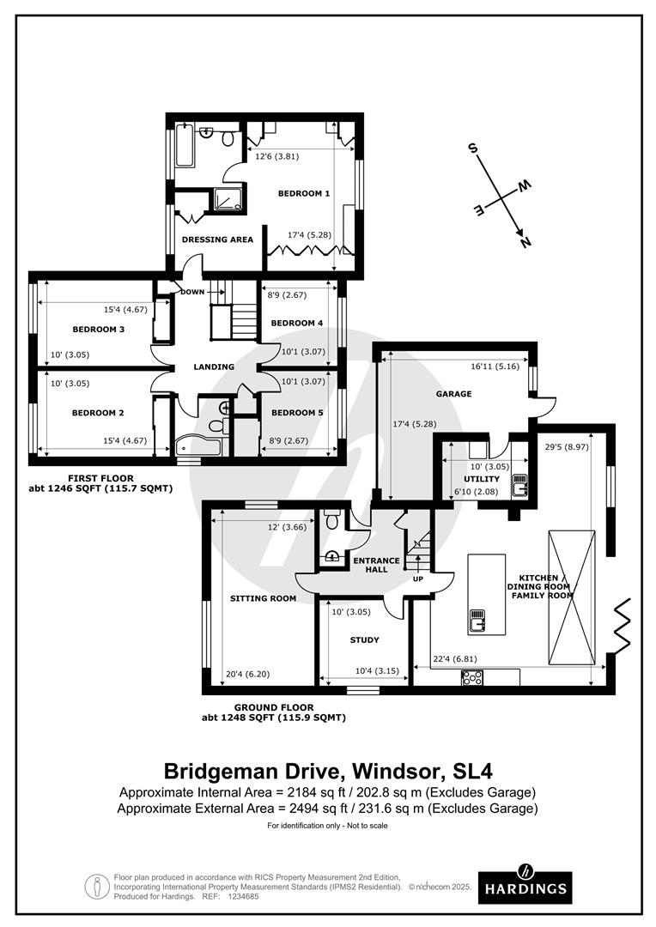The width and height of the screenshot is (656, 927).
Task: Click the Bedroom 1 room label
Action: [x=303, y=193]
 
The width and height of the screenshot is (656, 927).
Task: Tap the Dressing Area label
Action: [x=217, y=239]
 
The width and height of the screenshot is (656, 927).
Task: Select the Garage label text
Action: [x=453, y=394]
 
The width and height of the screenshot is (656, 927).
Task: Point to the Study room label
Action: [x=364, y=639]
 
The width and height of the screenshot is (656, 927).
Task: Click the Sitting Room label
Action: [x=264, y=598]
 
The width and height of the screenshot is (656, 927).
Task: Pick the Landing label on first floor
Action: [x=214, y=367]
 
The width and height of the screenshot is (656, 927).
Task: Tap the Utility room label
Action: [x=482, y=479]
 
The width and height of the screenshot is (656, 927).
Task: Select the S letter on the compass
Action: [x=472, y=148]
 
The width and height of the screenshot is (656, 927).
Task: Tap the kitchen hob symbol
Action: [x=472, y=677]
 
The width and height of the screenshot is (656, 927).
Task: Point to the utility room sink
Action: [x=519, y=485]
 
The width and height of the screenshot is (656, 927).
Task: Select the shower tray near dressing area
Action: [x=228, y=199]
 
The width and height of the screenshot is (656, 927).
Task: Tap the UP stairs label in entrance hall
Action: [x=418, y=579]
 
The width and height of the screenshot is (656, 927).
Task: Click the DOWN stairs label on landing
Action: [x=192, y=292]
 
